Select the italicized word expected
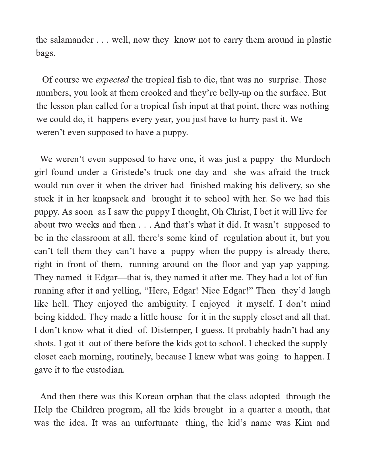112,80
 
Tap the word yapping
313,264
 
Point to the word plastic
319,40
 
